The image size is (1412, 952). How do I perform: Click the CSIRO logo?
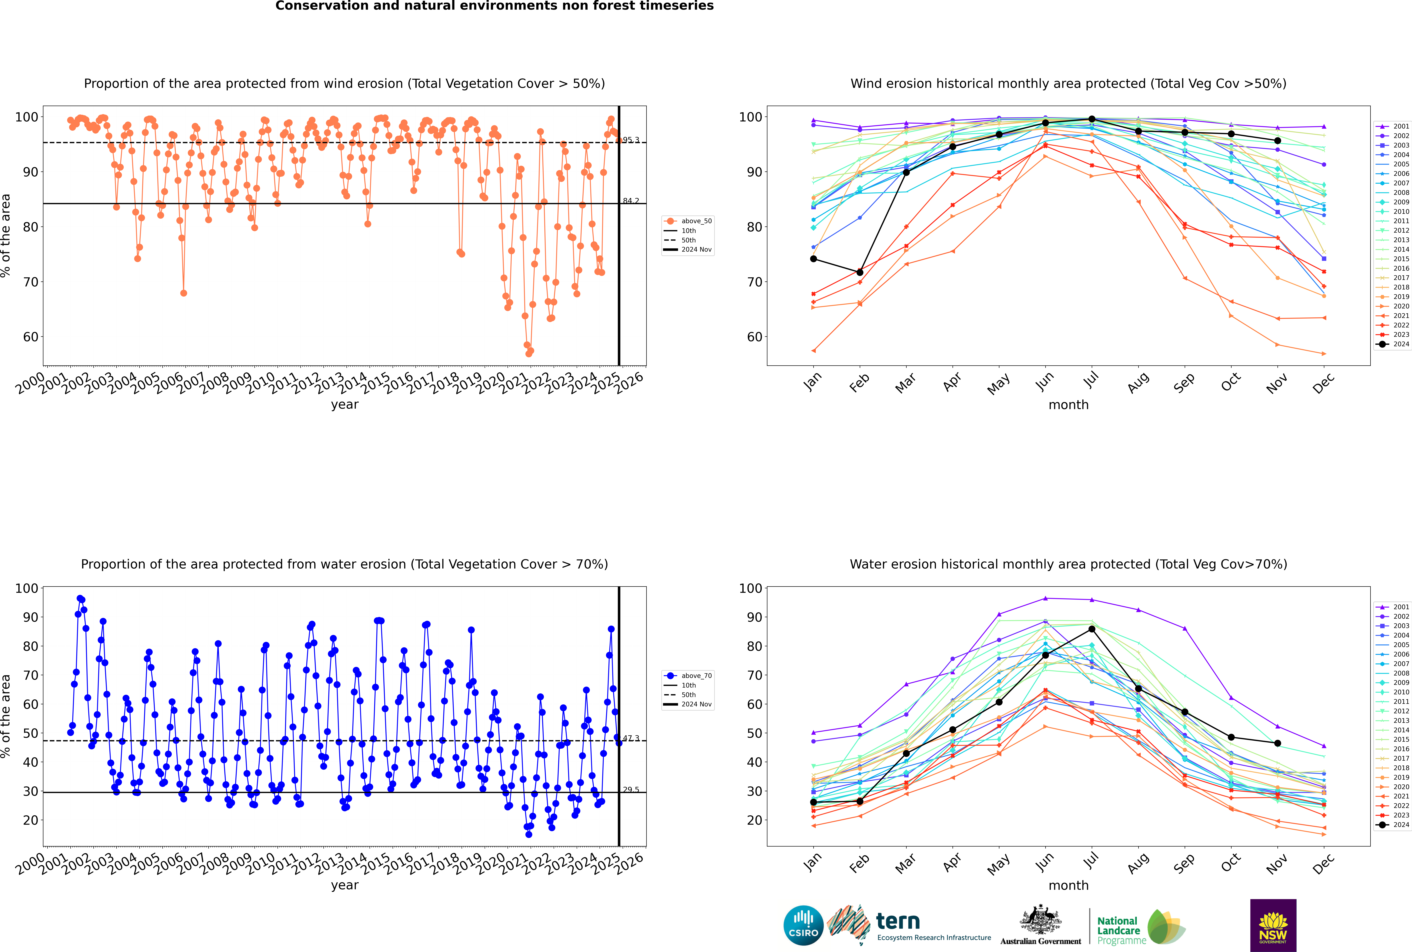pyautogui.click(x=803, y=925)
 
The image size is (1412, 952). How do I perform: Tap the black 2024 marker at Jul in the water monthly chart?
pyautogui.click(x=1091, y=629)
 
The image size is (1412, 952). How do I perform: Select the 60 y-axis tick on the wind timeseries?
pyautogui.click(x=30, y=337)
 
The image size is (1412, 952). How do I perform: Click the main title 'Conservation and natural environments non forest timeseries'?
pyautogui.click(x=495, y=6)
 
